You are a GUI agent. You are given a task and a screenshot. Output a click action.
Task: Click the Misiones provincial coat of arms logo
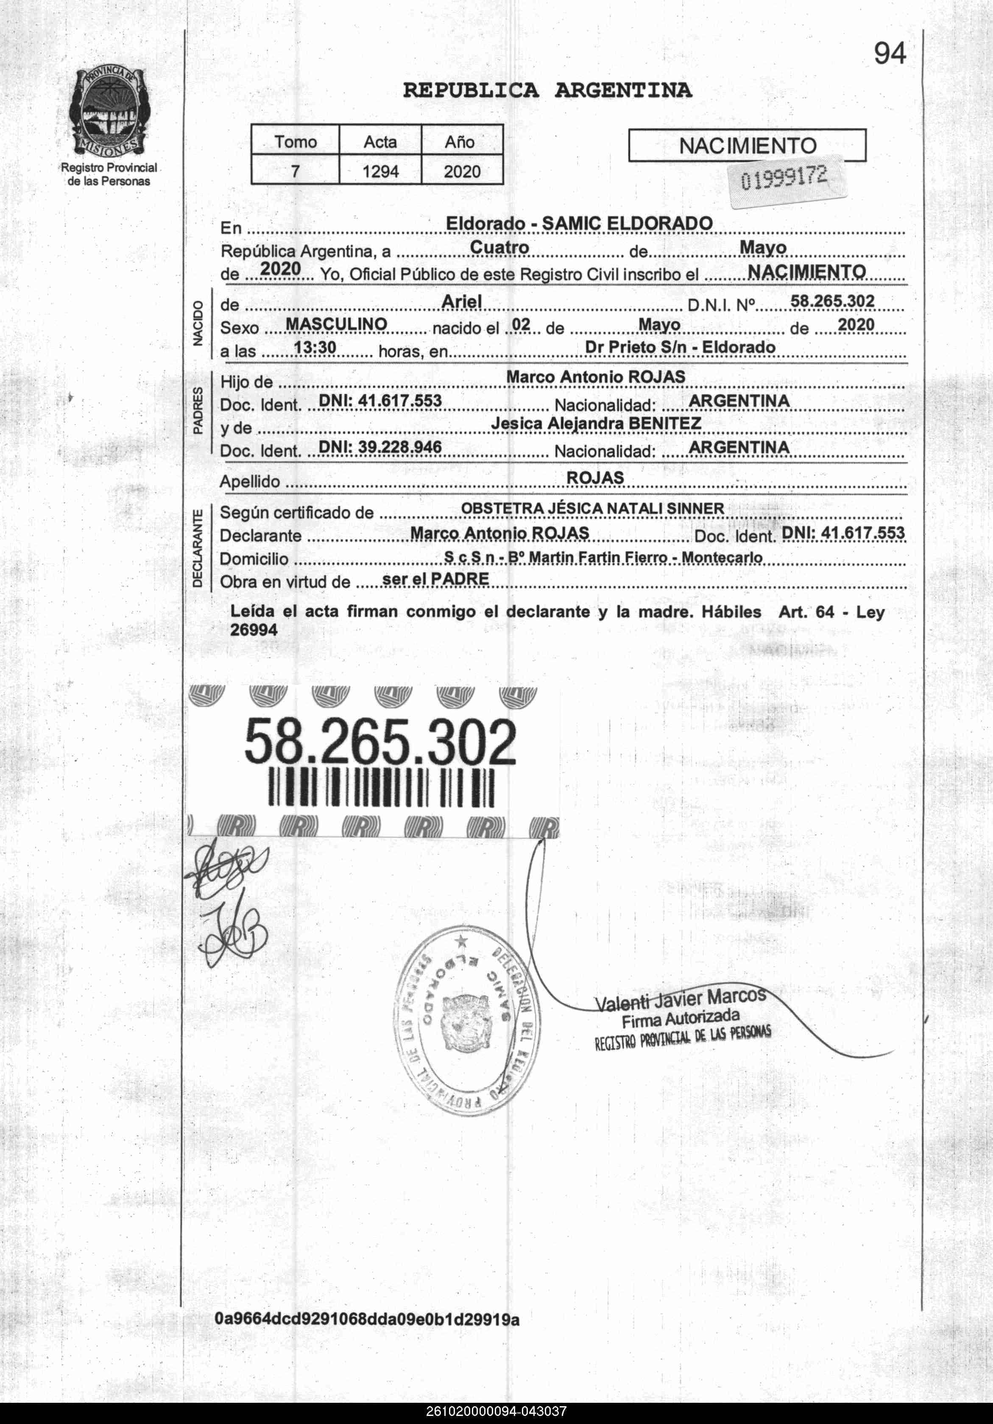click(109, 112)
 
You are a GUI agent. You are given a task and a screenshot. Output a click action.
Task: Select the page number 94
click(890, 54)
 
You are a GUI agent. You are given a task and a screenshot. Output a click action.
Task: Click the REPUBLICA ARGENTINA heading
click(547, 90)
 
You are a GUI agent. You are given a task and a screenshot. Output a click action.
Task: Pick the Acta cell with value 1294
click(380, 171)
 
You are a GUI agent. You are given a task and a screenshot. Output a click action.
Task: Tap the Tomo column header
click(295, 142)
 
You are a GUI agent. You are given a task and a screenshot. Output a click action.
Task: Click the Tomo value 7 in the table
click(295, 171)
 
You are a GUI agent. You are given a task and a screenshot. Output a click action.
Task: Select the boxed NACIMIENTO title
click(747, 146)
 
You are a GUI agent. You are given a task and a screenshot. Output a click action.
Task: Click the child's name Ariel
click(462, 302)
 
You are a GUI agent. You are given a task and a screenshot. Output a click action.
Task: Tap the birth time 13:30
click(315, 348)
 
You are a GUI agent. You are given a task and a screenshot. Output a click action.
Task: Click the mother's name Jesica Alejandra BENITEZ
click(596, 424)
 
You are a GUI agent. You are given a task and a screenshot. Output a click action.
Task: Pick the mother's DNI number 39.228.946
click(380, 447)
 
